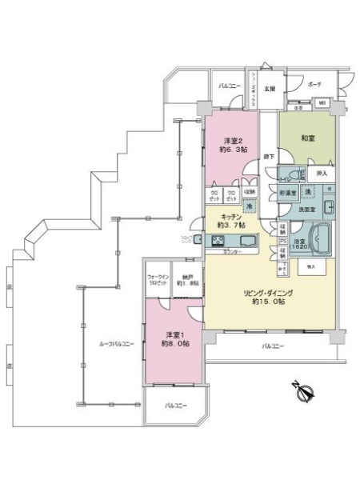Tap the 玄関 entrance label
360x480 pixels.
tap(270, 89)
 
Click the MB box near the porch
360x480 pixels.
tap(322, 103)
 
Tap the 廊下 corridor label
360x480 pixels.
tap(270, 156)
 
